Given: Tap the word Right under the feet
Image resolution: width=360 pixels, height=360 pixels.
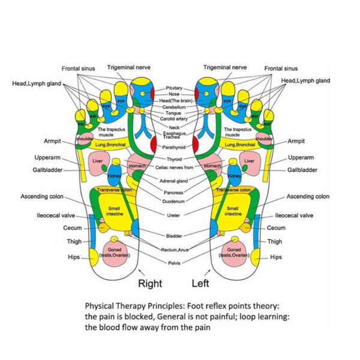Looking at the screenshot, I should (151, 283).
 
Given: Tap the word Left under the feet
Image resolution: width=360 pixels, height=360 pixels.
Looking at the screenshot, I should (200, 283).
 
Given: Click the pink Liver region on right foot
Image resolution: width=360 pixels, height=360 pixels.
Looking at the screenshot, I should (98, 162).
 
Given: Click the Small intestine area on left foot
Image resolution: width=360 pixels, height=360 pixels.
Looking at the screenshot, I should (233, 211).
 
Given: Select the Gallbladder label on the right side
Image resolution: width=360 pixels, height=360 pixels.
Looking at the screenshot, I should (302, 170).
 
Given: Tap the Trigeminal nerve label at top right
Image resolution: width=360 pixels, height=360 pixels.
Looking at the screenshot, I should (225, 67).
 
